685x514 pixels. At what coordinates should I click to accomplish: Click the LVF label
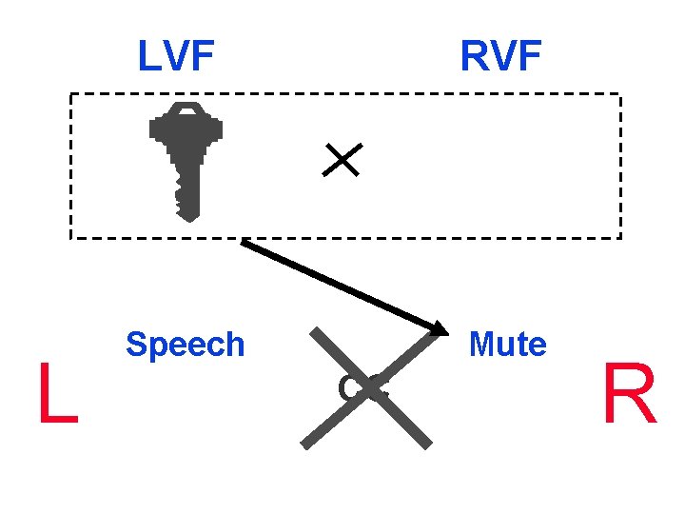pyautogui.click(x=176, y=57)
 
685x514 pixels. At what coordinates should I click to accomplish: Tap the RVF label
pyautogui.click(x=500, y=57)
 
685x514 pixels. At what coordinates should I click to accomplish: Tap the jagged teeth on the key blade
pyautogui.click(x=177, y=195)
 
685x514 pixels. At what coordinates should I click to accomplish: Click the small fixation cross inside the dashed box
pyautogui.click(x=341, y=159)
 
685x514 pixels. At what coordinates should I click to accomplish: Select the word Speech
pyautogui.click(x=186, y=344)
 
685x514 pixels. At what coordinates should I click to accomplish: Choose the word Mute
pyautogui.click(x=507, y=344)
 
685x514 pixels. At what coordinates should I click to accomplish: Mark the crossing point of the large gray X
pyautogui.click(x=367, y=387)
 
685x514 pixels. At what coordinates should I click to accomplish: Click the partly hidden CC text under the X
pyautogui.click(x=366, y=387)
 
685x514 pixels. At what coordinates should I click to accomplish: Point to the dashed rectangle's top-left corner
pyautogui.click(x=70, y=94)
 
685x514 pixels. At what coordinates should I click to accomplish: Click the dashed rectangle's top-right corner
pyautogui.click(x=620, y=94)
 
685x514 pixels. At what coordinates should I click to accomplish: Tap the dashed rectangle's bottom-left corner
pyautogui.click(x=70, y=237)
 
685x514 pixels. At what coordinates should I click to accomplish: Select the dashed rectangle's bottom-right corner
pyautogui.click(x=620, y=237)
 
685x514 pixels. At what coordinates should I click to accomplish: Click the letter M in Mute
pyautogui.click(x=480, y=344)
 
